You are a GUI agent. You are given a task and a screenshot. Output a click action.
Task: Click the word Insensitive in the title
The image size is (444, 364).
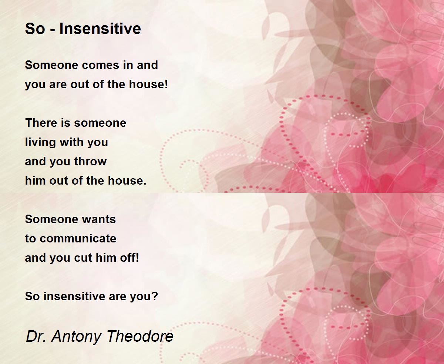pyautogui.click(x=100, y=29)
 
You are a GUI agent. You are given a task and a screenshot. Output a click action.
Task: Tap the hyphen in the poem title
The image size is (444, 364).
pyautogui.click(x=53, y=30)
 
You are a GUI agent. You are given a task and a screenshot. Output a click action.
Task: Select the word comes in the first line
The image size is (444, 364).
pyautogui.click(x=101, y=65)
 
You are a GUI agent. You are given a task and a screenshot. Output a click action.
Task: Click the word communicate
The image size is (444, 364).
pyautogui.click(x=78, y=238)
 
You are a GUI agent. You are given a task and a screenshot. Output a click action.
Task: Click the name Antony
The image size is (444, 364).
pyautogui.click(x=77, y=337)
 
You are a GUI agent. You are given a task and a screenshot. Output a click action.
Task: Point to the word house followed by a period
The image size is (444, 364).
pyautogui.click(x=127, y=181)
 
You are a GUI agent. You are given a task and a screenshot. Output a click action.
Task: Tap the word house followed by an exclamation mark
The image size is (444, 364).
pyautogui.click(x=148, y=84)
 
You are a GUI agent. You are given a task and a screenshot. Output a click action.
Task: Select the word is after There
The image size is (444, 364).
pyautogui.click(x=65, y=123)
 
